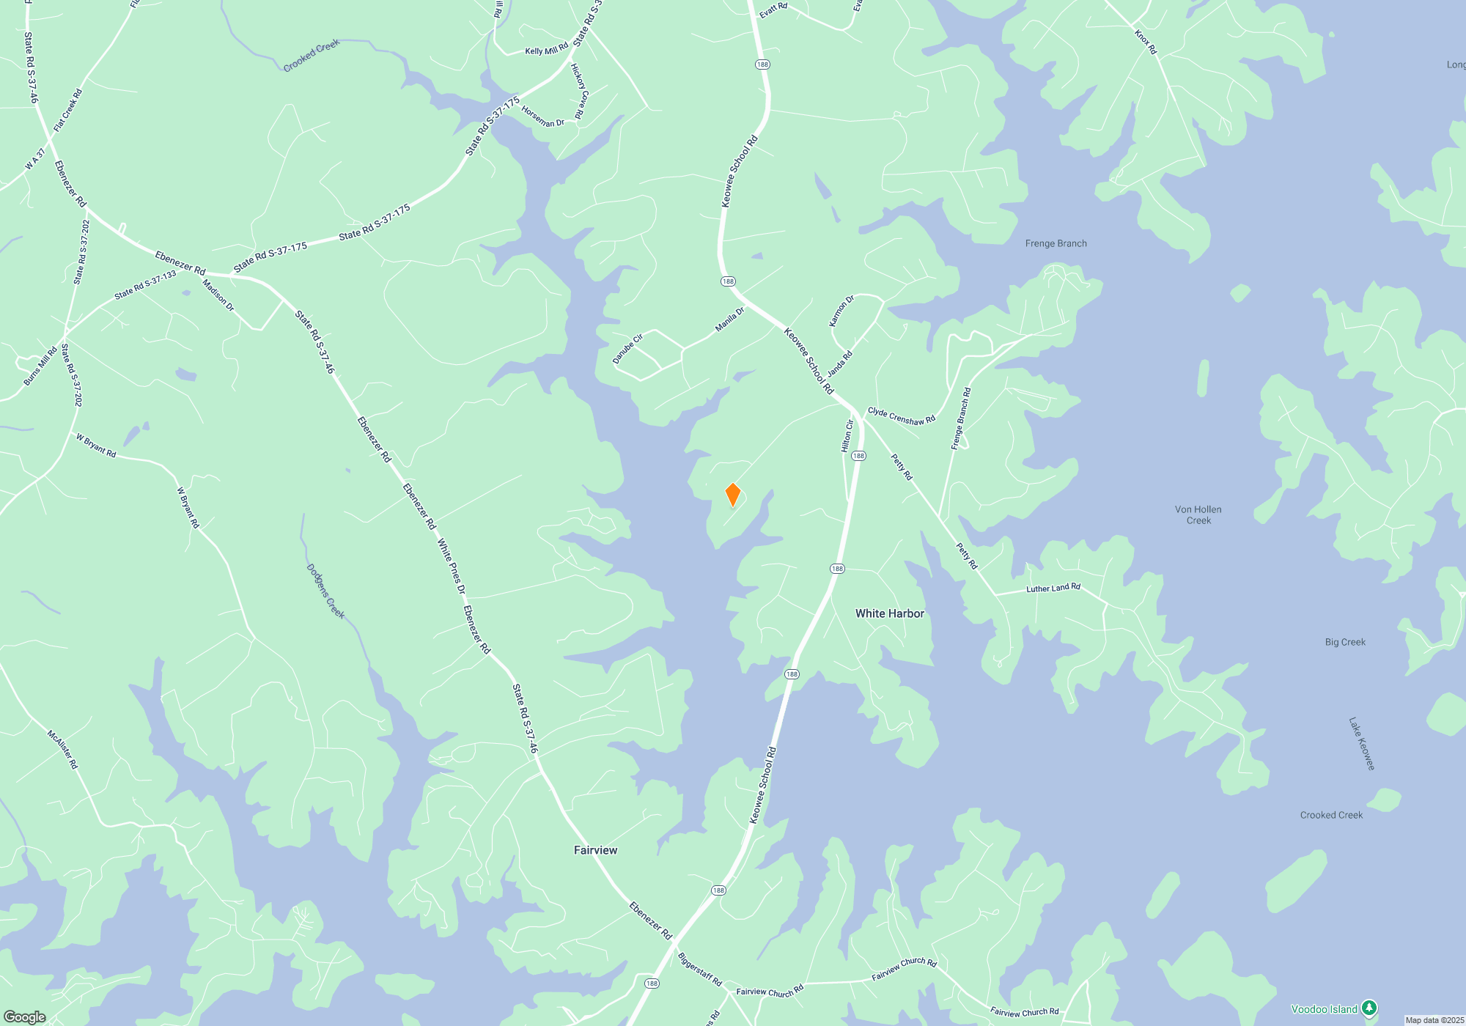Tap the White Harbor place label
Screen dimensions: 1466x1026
pyautogui.click(x=889, y=613)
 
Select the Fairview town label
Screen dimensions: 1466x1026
pyautogui.click(x=595, y=850)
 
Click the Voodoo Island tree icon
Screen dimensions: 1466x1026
pyautogui.click(x=1369, y=1009)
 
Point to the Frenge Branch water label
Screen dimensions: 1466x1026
pyautogui.click(x=1056, y=243)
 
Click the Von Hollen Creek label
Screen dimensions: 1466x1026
pyautogui.click(x=1198, y=514)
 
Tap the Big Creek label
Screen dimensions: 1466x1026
pyautogui.click(x=1345, y=642)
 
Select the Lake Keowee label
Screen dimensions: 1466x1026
pyautogui.click(x=1361, y=743)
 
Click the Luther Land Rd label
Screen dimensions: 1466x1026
pyautogui.click(x=1053, y=588)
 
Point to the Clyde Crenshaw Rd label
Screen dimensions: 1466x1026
pyautogui.click(x=902, y=416)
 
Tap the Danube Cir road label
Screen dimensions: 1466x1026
pyautogui.click(x=627, y=349)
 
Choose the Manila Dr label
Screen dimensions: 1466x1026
pyautogui.click(x=729, y=320)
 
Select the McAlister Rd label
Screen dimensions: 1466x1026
pyautogui.click(x=62, y=748)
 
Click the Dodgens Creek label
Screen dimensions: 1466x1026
pyautogui.click(x=325, y=591)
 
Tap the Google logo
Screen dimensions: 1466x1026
pyautogui.click(x=25, y=1017)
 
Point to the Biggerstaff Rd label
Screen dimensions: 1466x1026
pyautogui.click(x=699, y=969)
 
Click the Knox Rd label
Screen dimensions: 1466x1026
pyautogui.click(x=1145, y=43)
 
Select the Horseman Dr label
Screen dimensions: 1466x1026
pyautogui.click(x=542, y=117)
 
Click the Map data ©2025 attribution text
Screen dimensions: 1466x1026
pyautogui.click(x=1434, y=1020)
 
